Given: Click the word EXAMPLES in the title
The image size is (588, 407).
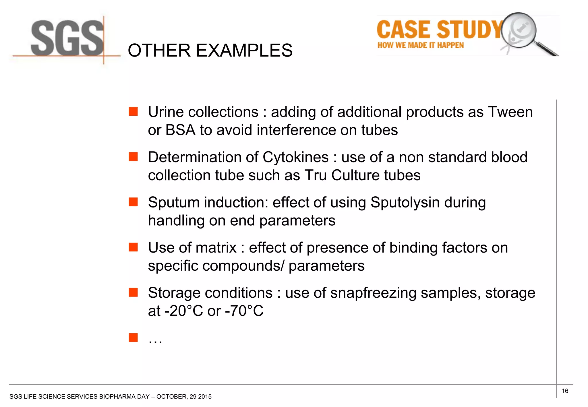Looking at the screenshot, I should click(x=244, y=51).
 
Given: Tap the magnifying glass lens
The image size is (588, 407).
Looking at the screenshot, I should click(x=519, y=30).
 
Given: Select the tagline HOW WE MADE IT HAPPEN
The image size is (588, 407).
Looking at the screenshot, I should click(x=420, y=45).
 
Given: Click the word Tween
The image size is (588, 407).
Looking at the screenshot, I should click(x=510, y=112).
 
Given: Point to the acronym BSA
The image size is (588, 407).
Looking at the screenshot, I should click(x=180, y=130).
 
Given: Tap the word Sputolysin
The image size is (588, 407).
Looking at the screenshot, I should click(x=405, y=202).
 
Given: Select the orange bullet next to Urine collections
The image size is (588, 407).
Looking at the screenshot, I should click(x=133, y=112).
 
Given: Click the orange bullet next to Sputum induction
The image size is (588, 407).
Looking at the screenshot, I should click(x=133, y=202).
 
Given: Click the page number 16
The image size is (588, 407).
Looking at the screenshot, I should click(x=565, y=391).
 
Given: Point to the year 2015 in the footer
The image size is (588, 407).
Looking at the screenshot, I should click(x=205, y=397).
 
